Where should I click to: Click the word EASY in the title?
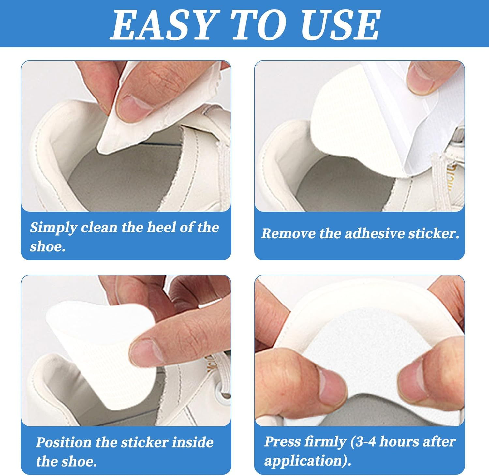tap(163, 24)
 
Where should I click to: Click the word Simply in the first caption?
tap(53, 228)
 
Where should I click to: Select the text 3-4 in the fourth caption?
tap(363, 442)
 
